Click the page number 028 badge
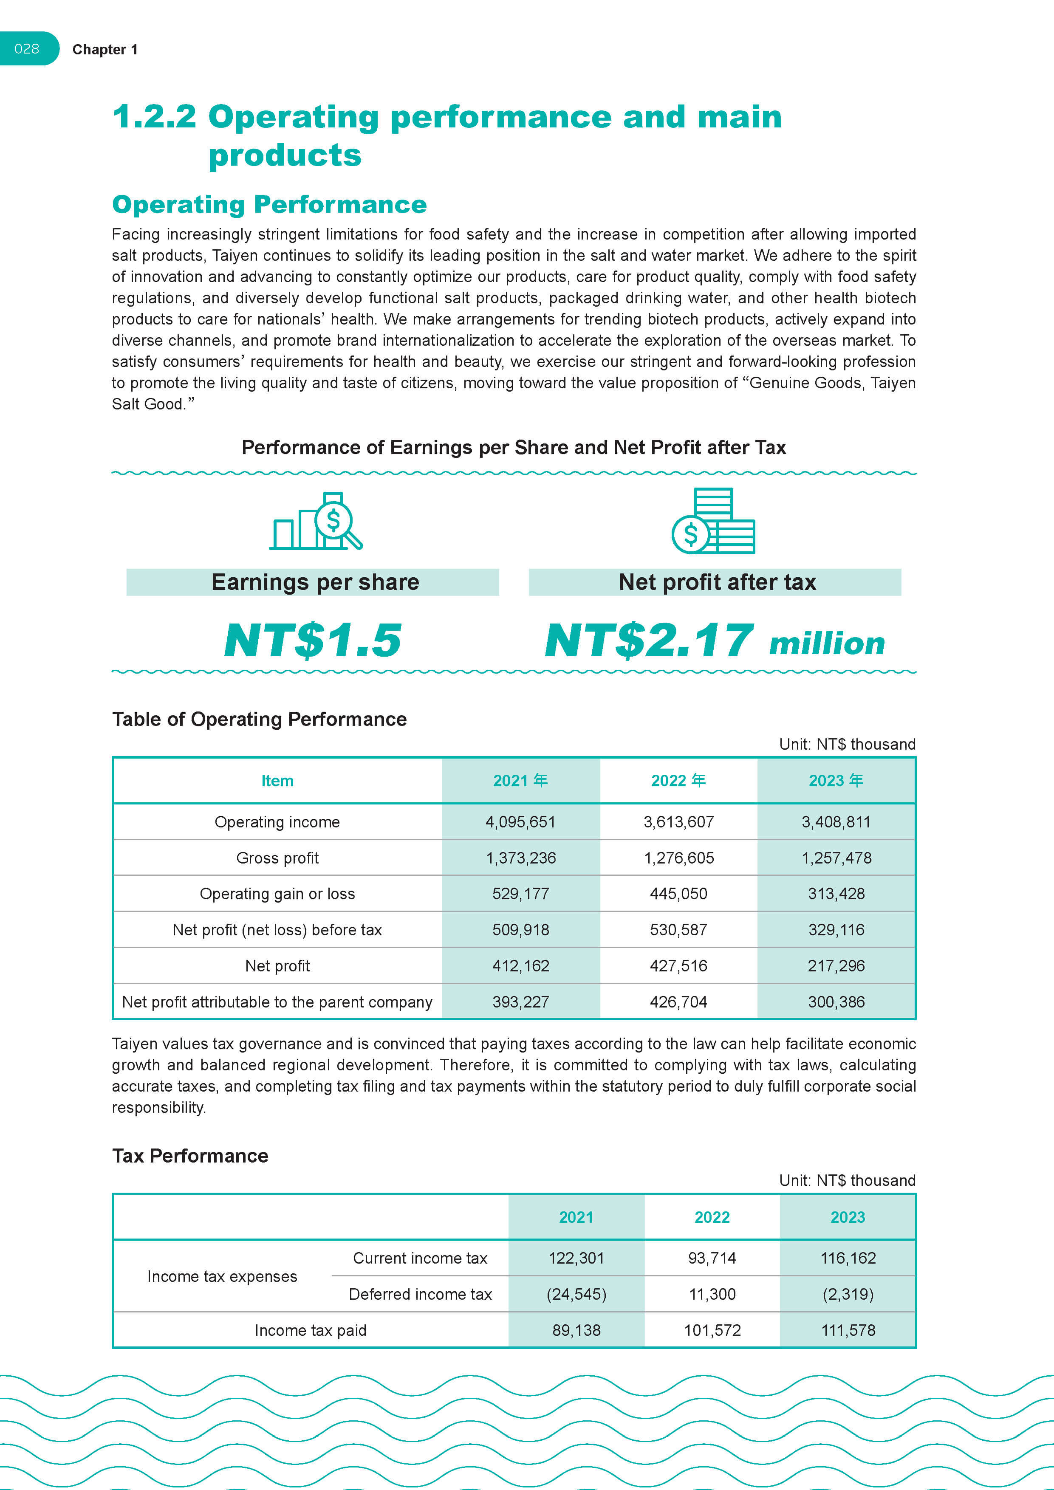(x=27, y=49)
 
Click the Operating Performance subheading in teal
(x=269, y=204)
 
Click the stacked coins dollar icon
(x=713, y=521)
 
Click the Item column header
(x=277, y=781)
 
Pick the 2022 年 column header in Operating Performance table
(x=678, y=781)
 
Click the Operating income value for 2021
(x=520, y=822)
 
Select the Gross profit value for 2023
(x=836, y=858)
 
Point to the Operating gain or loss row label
(x=277, y=894)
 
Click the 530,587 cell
(x=678, y=930)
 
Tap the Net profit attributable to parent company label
(x=277, y=1002)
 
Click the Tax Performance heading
(x=190, y=1156)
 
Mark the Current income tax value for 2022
(x=712, y=1259)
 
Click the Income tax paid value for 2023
(x=848, y=1330)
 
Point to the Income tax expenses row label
(x=222, y=1276)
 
